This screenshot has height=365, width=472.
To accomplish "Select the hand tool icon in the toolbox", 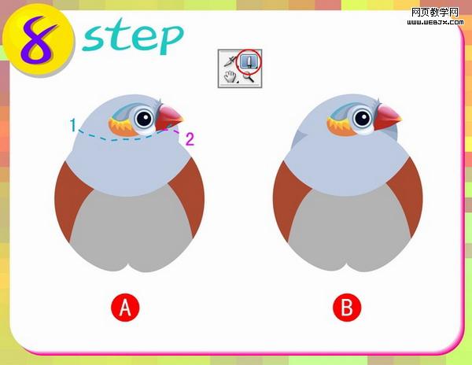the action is pyautogui.click(x=230, y=76).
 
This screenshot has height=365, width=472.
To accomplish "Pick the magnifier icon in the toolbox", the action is pyautogui.click(x=249, y=77).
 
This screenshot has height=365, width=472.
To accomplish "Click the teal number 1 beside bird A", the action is pyautogui.click(x=73, y=125).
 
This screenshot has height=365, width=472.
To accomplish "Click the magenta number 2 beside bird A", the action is pyautogui.click(x=190, y=139).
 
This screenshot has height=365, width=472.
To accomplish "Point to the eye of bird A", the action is pyautogui.click(x=145, y=119).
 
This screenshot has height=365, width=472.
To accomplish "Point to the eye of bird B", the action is pyautogui.click(x=363, y=118).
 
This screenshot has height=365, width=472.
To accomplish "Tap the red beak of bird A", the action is pyautogui.click(x=168, y=117).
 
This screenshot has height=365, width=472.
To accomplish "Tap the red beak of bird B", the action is pyautogui.click(x=386, y=116).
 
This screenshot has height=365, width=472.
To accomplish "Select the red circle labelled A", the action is pyautogui.click(x=125, y=308).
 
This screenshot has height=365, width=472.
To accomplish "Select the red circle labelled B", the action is pyautogui.click(x=347, y=308).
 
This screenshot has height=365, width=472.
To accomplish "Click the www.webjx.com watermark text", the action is pyautogui.click(x=435, y=22).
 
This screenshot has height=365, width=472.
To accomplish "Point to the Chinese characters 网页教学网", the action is pyautogui.click(x=435, y=13).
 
